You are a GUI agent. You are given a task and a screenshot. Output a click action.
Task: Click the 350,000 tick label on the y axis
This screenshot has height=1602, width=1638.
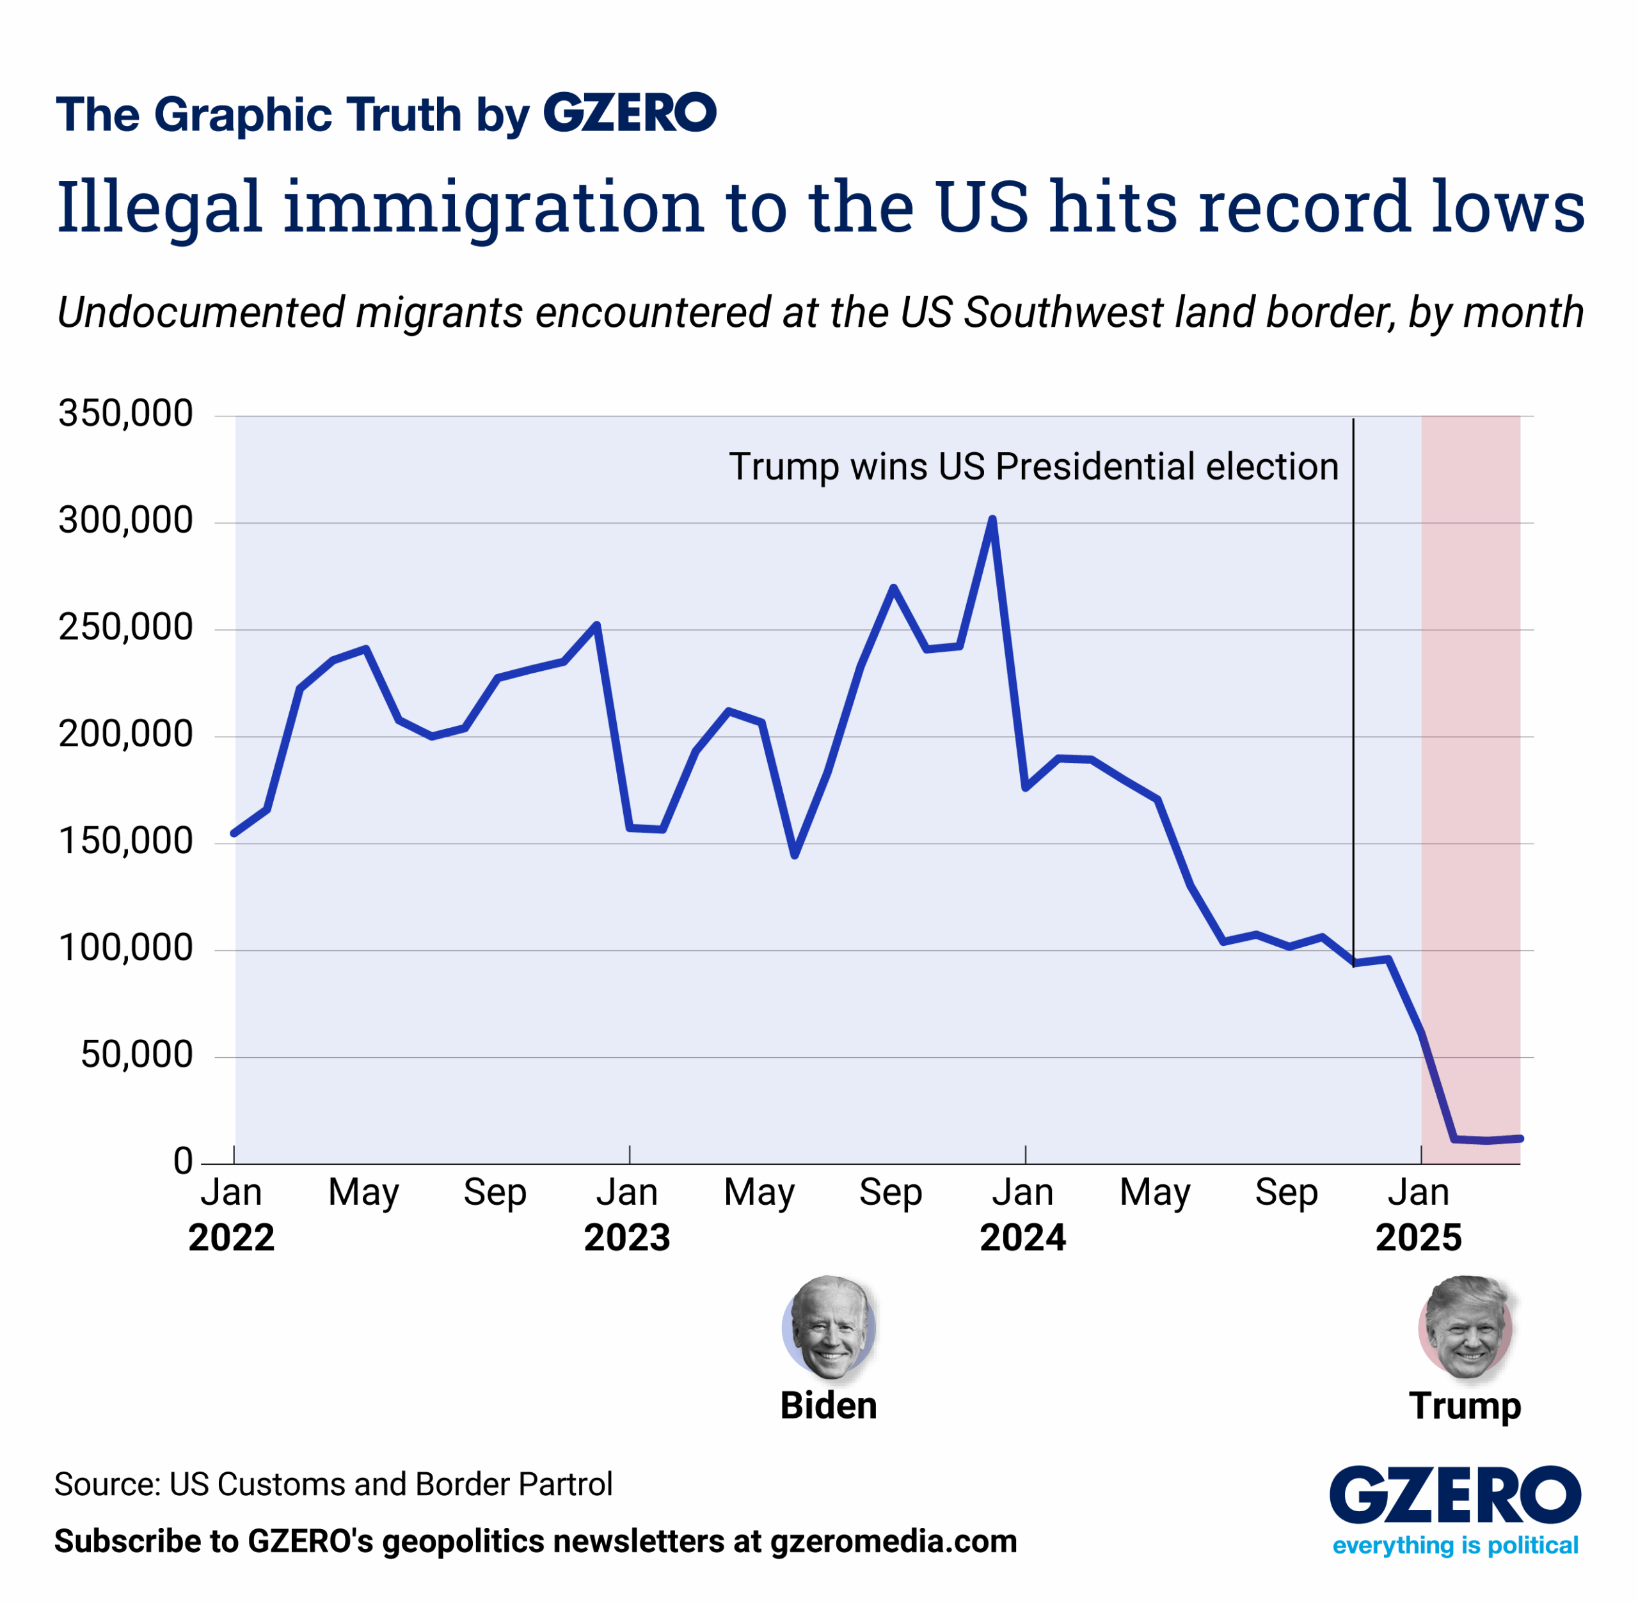(125, 414)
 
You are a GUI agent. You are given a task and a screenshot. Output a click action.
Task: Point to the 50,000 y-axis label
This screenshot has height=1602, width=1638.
(136, 1055)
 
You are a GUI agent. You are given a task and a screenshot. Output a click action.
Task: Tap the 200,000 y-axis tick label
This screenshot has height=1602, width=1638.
(125, 735)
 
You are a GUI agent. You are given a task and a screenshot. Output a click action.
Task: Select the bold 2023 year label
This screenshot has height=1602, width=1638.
(627, 1237)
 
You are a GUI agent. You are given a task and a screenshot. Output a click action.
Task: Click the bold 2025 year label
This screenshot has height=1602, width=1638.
(1419, 1237)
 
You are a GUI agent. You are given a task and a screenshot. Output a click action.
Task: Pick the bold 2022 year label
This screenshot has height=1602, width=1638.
(232, 1237)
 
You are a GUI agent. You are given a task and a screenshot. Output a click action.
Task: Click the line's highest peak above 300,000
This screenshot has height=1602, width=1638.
(992, 519)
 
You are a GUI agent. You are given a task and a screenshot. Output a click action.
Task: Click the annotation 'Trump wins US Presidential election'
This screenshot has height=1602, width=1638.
(1033, 467)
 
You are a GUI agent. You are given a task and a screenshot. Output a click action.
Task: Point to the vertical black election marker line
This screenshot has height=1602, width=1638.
(1353, 673)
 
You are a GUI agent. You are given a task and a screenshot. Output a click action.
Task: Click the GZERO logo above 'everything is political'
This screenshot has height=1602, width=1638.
(1454, 1496)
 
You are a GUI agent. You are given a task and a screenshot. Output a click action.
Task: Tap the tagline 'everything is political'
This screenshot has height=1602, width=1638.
(1454, 1546)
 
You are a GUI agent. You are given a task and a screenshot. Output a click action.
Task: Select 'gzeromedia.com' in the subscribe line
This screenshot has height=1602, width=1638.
(893, 1541)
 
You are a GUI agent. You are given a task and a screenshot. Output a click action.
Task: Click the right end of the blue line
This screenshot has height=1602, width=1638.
(1520, 1138)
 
